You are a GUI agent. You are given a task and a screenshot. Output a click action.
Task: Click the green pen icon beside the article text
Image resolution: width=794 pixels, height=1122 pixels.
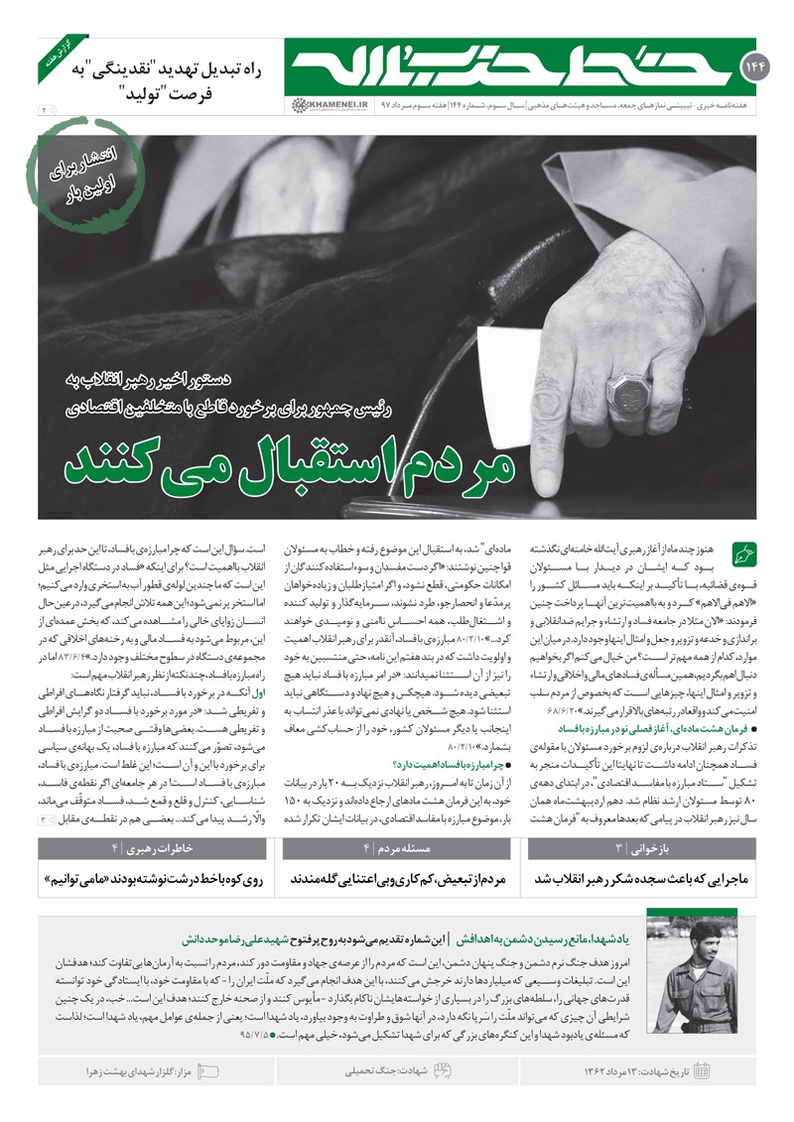click(x=743, y=551)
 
